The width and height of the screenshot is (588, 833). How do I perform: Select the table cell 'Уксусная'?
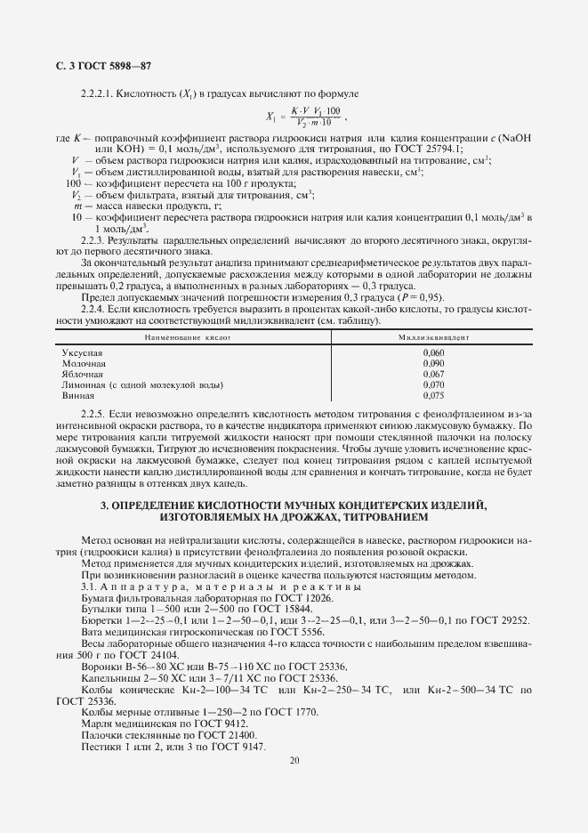tap(83, 353)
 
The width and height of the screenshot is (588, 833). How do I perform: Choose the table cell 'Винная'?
tap(78, 395)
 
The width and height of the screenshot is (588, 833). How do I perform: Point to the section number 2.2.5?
tap(93, 415)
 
